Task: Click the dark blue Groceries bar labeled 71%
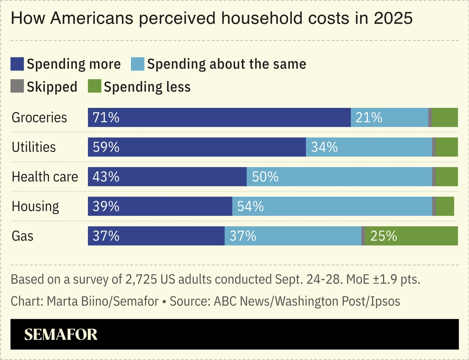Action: pos(219,118)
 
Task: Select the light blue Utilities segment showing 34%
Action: pos(369,147)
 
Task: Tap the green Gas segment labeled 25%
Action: pos(411,236)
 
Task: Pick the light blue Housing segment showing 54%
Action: pos(332,206)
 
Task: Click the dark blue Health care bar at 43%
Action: pos(167,177)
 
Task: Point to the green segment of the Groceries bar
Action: pos(445,118)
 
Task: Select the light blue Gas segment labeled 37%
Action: pos(293,236)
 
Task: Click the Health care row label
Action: pos(45,177)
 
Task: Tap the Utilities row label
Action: pos(34,147)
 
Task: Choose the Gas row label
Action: pos(22,236)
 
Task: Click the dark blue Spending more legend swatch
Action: pos(17,64)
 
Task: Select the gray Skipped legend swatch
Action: pos(17,87)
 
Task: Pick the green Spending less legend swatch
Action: pos(94,87)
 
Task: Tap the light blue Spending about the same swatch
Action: pos(138,64)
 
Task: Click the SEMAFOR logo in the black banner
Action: pos(61,334)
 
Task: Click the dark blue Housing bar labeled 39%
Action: pos(160,206)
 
